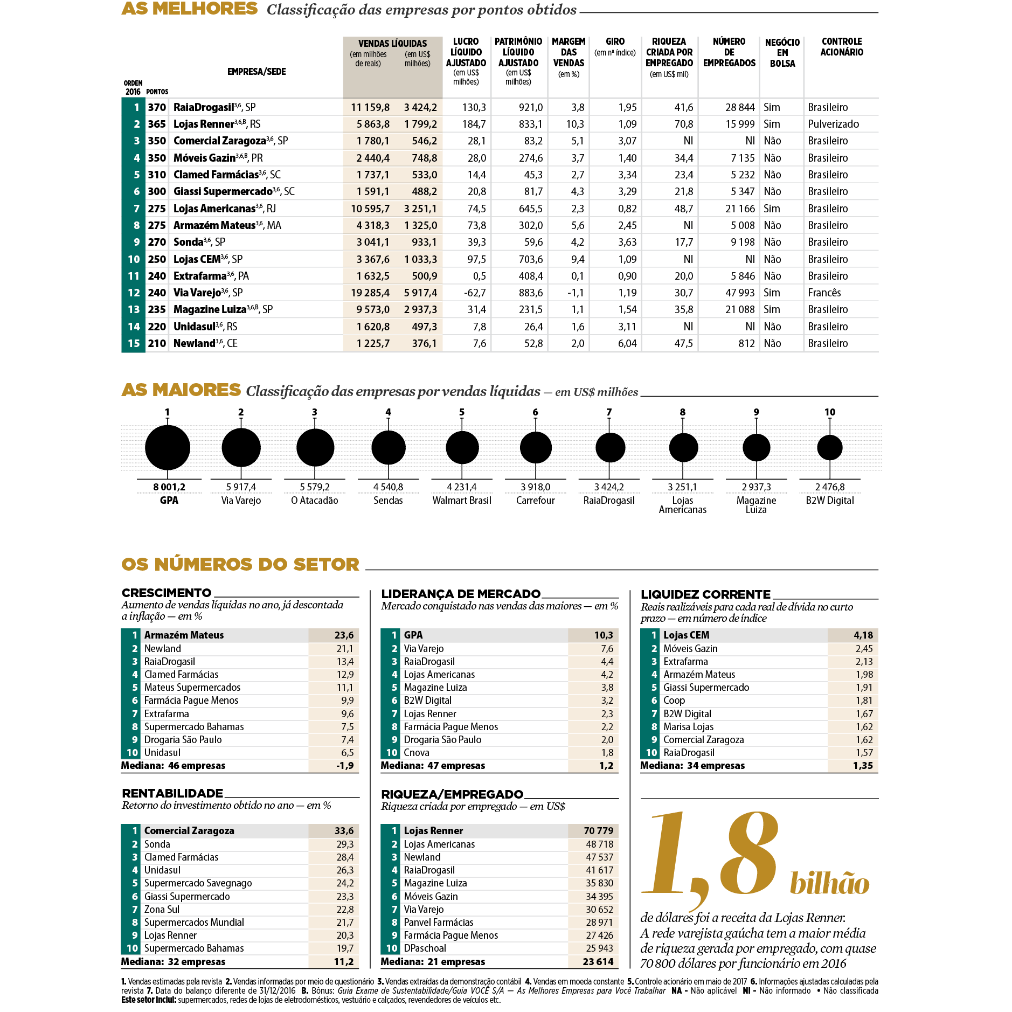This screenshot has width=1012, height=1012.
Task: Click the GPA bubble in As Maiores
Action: (168, 447)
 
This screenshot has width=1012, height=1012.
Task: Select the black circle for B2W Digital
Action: (829, 447)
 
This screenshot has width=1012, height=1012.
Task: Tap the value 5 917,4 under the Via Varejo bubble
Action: (241, 487)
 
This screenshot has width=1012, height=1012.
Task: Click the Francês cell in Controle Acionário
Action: (824, 293)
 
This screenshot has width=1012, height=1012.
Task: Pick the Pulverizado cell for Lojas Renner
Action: (833, 124)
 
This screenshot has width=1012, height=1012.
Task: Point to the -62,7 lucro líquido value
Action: (475, 293)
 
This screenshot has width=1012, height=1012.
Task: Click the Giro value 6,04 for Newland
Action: (627, 343)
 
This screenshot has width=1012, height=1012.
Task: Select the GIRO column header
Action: (615, 42)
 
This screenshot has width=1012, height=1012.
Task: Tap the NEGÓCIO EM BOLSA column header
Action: (782, 53)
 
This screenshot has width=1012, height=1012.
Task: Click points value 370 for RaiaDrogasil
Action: (157, 107)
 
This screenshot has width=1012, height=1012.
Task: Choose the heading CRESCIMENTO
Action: (167, 593)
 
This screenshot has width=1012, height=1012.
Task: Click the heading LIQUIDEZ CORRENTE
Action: (705, 594)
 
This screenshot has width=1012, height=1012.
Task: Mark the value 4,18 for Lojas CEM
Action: (863, 635)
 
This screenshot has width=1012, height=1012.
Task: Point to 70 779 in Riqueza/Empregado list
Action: (598, 831)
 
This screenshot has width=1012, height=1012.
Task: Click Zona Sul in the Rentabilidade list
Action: (162, 909)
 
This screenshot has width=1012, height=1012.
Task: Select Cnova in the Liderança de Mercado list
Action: (417, 753)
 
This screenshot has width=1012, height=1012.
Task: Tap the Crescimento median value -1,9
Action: (345, 766)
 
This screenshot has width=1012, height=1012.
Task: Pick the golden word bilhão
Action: (829, 884)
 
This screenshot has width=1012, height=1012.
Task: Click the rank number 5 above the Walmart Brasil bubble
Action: (462, 412)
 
